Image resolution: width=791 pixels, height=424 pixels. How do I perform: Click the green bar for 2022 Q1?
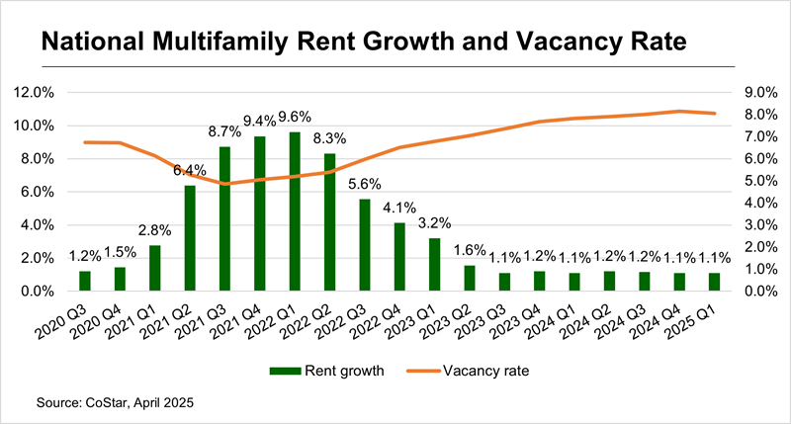(x=295, y=212)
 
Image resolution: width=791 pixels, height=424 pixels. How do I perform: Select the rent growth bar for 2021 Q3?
(x=224, y=218)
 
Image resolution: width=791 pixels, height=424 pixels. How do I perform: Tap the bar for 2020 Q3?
(x=85, y=281)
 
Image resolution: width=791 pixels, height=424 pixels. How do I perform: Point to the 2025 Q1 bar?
(x=714, y=282)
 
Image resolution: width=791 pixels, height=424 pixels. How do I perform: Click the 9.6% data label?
(x=296, y=114)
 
